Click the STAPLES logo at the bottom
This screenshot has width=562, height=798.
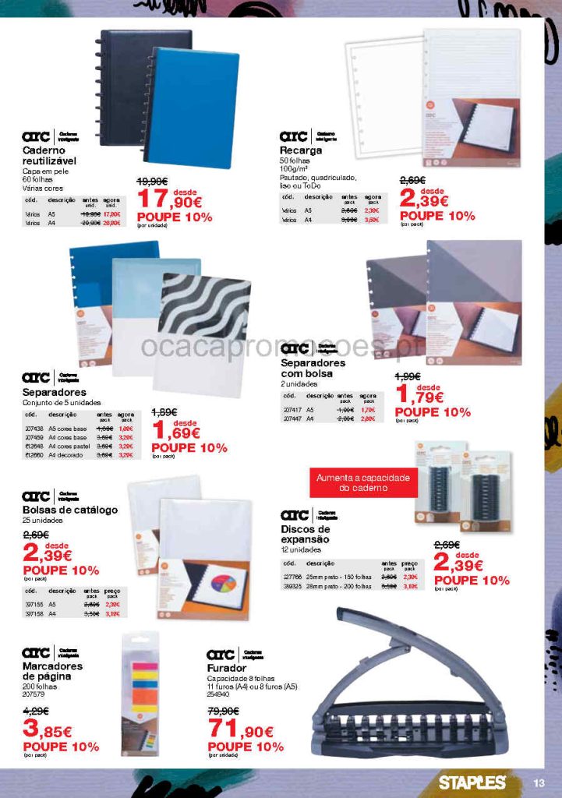(x=472, y=782)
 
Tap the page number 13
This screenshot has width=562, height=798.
(x=539, y=783)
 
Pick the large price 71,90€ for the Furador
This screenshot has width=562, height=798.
(x=242, y=731)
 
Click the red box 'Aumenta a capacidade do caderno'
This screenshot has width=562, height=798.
(x=362, y=483)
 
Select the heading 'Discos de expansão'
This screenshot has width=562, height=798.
(x=305, y=535)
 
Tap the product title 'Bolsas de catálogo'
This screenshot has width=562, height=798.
(x=70, y=510)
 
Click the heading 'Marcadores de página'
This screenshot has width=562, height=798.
(x=52, y=672)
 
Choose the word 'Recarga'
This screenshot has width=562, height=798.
(x=301, y=150)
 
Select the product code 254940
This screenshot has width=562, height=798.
(x=218, y=694)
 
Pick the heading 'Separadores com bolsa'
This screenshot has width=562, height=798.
(x=313, y=368)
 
